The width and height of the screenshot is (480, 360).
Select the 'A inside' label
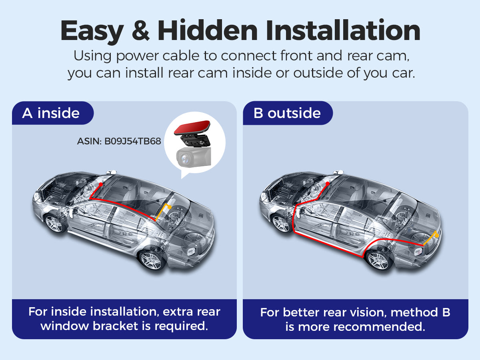[51, 113]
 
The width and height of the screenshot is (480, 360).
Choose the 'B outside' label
[287, 113]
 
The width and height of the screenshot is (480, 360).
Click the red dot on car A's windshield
[101, 184]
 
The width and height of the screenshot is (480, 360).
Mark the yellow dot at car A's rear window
[170, 207]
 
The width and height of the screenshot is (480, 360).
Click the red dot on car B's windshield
[328, 184]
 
